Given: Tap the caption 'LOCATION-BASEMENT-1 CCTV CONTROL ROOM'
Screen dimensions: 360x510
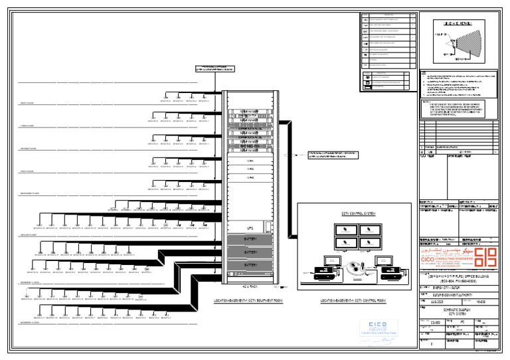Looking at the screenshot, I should (x=353, y=301).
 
